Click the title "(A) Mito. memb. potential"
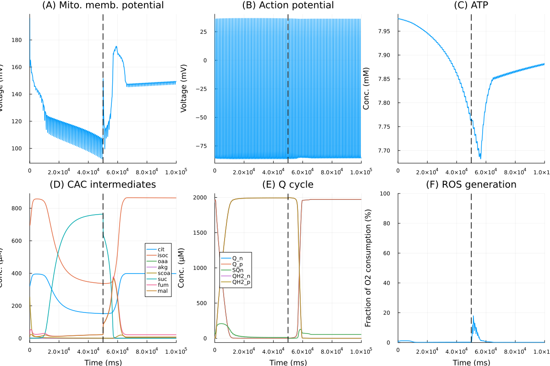coord(103,6)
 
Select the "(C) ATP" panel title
coord(471,6)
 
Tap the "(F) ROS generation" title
coord(471,185)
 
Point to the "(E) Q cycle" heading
coord(288,185)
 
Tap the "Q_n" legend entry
coord(238,258)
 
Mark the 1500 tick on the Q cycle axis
coord(203,232)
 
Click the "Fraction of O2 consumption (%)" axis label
coord(368,268)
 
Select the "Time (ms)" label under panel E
coord(288,362)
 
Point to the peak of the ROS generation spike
coord(473,316)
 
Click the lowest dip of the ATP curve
coord(480,158)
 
